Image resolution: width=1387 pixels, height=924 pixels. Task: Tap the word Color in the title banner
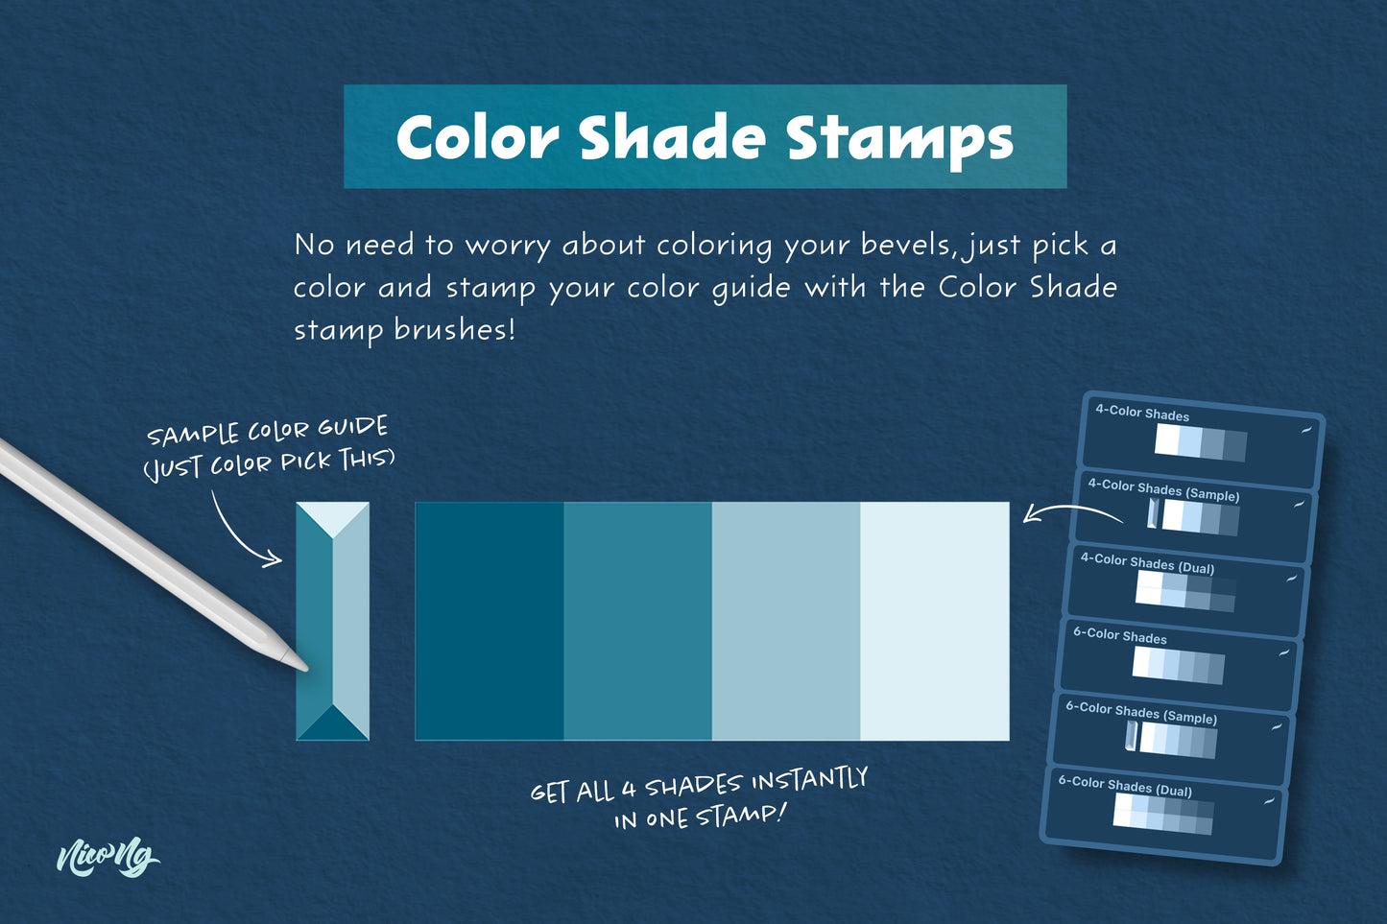click(x=477, y=137)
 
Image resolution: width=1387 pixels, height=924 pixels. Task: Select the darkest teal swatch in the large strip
click(x=490, y=621)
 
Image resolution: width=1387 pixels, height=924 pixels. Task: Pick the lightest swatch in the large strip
click(x=935, y=621)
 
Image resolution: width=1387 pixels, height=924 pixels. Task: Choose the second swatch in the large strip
click(x=637, y=621)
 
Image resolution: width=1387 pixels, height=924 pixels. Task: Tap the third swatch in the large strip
click(x=786, y=621)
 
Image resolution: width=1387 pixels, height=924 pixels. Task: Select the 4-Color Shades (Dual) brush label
click(x=1147, y=563)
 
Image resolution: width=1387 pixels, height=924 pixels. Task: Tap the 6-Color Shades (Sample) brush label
click(x=1141, y=712)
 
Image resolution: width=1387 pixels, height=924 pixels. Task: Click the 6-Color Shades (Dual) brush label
click(x=1125, y=786)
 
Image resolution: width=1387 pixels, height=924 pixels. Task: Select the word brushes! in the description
click(x=455, y=329)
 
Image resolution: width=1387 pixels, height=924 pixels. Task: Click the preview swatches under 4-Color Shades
click(x=1201, y=442)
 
